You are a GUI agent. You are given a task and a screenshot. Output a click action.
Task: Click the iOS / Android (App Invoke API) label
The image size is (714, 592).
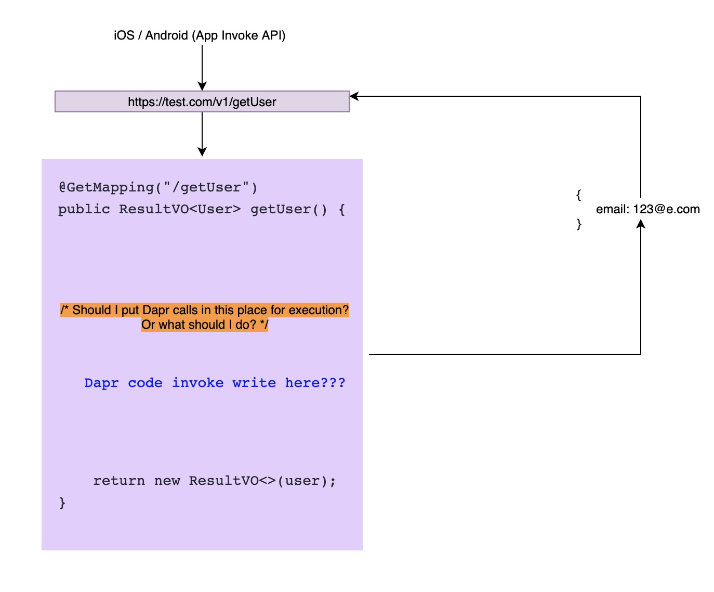point(200,35)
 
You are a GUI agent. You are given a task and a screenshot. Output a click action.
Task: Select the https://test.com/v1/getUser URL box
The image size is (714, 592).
point(202,101)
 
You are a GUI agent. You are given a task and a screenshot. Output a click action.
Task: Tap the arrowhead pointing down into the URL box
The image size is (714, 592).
point(202,86)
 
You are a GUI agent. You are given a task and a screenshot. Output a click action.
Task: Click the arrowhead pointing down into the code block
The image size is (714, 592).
point(202,151)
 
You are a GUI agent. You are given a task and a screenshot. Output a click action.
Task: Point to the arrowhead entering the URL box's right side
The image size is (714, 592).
point(354,96)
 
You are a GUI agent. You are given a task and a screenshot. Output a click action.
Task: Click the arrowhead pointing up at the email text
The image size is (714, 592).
point(641,224)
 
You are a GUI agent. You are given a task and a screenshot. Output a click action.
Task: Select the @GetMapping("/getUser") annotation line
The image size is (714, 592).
point(158,187)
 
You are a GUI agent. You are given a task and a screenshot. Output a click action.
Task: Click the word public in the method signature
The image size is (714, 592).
point(84,209)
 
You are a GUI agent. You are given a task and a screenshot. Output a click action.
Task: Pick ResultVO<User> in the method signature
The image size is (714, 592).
point(180,209)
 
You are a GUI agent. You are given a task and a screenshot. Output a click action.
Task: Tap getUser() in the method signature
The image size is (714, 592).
point(289,209)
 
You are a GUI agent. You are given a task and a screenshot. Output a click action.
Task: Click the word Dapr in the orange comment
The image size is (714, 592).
point(155,310)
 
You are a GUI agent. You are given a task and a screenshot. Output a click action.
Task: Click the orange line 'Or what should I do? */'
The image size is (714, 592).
point(205,325)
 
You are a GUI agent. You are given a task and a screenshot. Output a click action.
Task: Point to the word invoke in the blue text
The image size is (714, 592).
point(198,383)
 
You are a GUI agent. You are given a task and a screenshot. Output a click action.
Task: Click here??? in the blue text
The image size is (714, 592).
point(315,383)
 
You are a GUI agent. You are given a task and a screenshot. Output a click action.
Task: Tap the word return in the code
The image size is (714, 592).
point(119,481)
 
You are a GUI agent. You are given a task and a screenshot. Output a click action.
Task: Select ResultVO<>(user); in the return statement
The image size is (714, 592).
point(262,481)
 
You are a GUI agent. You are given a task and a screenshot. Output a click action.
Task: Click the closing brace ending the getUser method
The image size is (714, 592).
point(62,503)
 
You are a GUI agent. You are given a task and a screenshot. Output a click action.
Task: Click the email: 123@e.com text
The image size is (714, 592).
point(647,209)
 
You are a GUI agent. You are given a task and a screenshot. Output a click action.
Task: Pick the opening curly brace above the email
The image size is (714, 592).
point(578,195)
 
